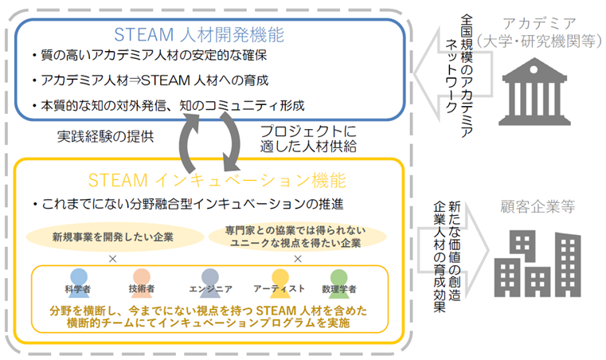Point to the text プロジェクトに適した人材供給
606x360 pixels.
311,139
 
